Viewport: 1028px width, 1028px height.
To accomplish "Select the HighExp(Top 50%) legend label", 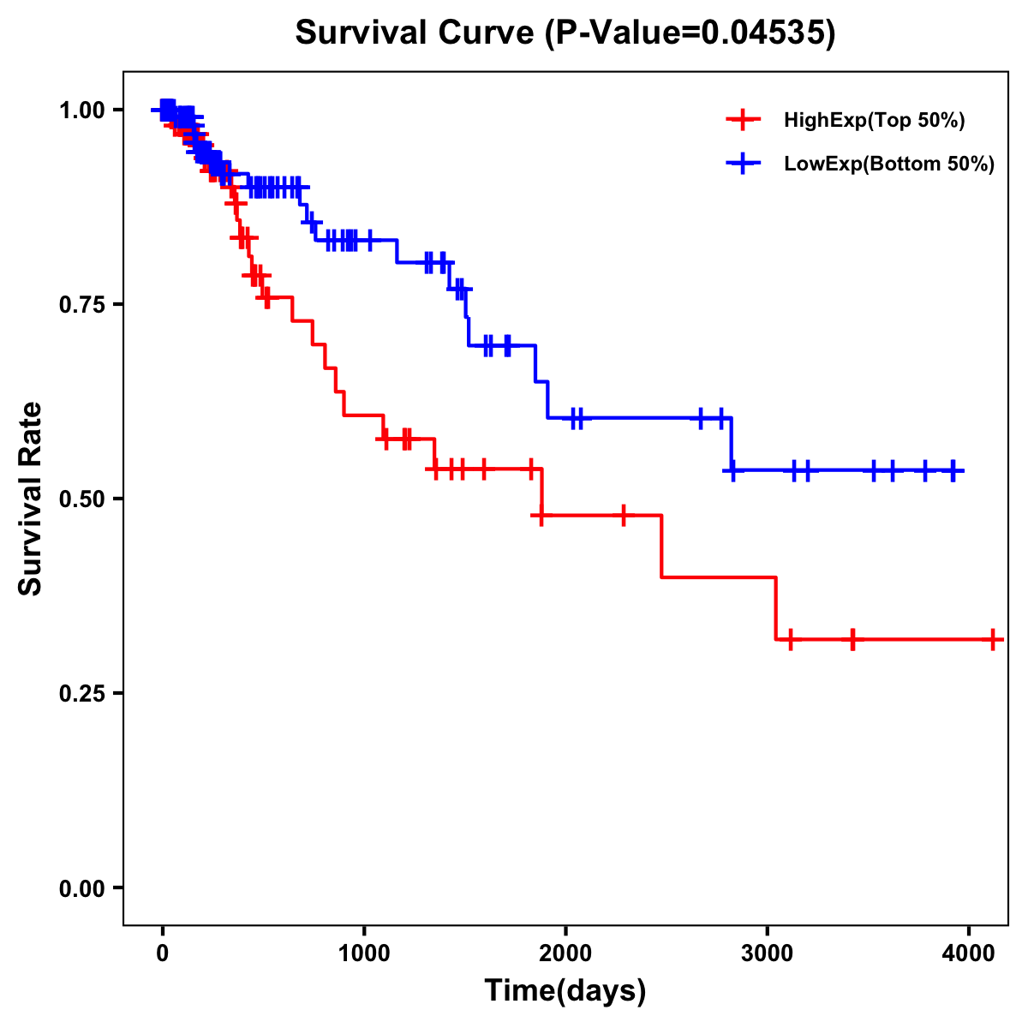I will pos(874,121).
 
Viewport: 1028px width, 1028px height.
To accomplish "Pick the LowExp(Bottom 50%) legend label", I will pos(889,164).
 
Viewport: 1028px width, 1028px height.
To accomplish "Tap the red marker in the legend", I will pos(743,120).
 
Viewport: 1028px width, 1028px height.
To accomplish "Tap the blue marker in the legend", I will pos(743,164).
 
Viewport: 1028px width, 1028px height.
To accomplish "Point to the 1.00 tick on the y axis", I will pos(81,111).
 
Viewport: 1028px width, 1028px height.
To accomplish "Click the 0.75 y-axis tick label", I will pos(81,305).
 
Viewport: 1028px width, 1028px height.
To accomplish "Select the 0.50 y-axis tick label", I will pos(81,499).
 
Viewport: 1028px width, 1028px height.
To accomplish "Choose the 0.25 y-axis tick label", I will pos(81,694).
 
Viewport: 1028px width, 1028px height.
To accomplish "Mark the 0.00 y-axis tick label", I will pos(81,888).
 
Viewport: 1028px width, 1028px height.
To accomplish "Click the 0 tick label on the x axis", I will pos(162,953).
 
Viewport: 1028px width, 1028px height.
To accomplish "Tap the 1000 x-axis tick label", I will pos(364,953).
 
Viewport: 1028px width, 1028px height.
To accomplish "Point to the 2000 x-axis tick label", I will pos(565,953).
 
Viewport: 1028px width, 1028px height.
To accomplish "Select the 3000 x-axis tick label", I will pos(767,953).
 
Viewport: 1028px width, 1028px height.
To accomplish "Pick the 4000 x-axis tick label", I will pos(968,953).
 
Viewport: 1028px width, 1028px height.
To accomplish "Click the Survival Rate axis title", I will pos(31,499).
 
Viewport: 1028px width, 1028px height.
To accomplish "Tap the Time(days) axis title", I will pos(565,991).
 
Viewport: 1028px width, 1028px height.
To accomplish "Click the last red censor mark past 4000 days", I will pos(992,639).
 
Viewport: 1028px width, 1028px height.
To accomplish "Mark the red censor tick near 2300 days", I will pos(624,516).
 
